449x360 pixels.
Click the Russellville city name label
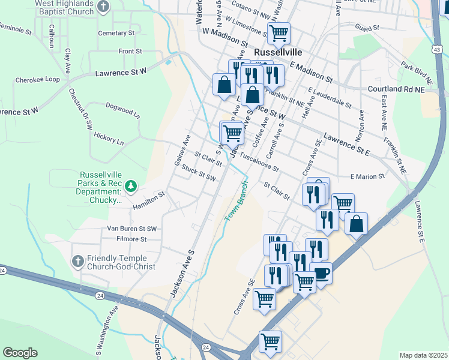pos(290,52)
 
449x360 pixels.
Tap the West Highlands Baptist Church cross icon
pos(104,7)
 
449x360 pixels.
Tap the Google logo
pos(20,353)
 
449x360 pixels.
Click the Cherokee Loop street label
pos(37,79)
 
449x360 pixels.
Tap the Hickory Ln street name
pos(109,139)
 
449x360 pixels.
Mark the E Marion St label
pos(367,176)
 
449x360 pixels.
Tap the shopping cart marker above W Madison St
pos(279,33)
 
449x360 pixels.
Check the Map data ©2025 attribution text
pos(423,355)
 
